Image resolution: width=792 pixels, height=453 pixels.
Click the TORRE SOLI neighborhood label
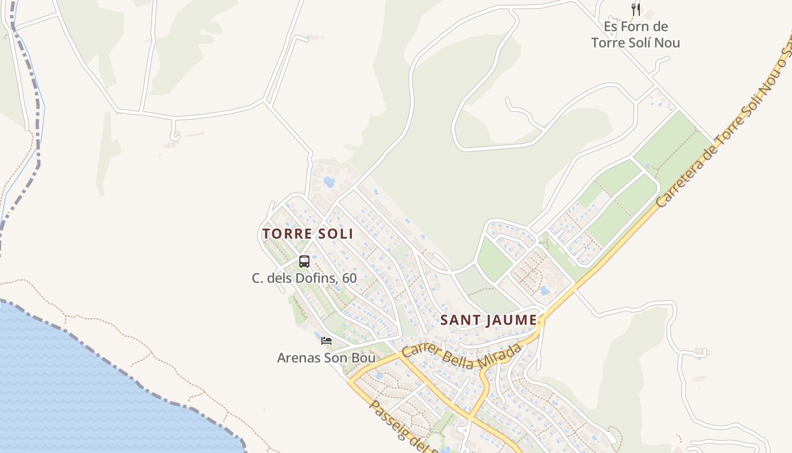pyautogui.click(x=307, y=234)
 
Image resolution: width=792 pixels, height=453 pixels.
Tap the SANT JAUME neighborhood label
pyautogui.click(x=488, y=320)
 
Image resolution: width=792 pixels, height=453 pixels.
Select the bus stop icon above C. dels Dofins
pyautogui.click(x=304, y=262)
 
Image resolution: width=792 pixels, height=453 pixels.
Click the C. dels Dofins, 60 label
pyautogui.click(x=304, y=278)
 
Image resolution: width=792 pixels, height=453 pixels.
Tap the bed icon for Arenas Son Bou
pyautogui.click(x=326, y=340)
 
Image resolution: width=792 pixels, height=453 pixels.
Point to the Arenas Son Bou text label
pyautogui.click(x=326, y=358)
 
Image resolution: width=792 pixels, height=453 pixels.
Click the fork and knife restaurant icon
pyautogui.click(x=636, y=9)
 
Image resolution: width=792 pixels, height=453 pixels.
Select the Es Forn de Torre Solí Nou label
pyautogui.click(x=635, y=35)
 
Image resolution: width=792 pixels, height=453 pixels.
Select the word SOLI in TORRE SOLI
pyautogui.click(x=337, y=234)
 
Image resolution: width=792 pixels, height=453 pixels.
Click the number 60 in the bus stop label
pyautogui.click(x=350, y=278)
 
